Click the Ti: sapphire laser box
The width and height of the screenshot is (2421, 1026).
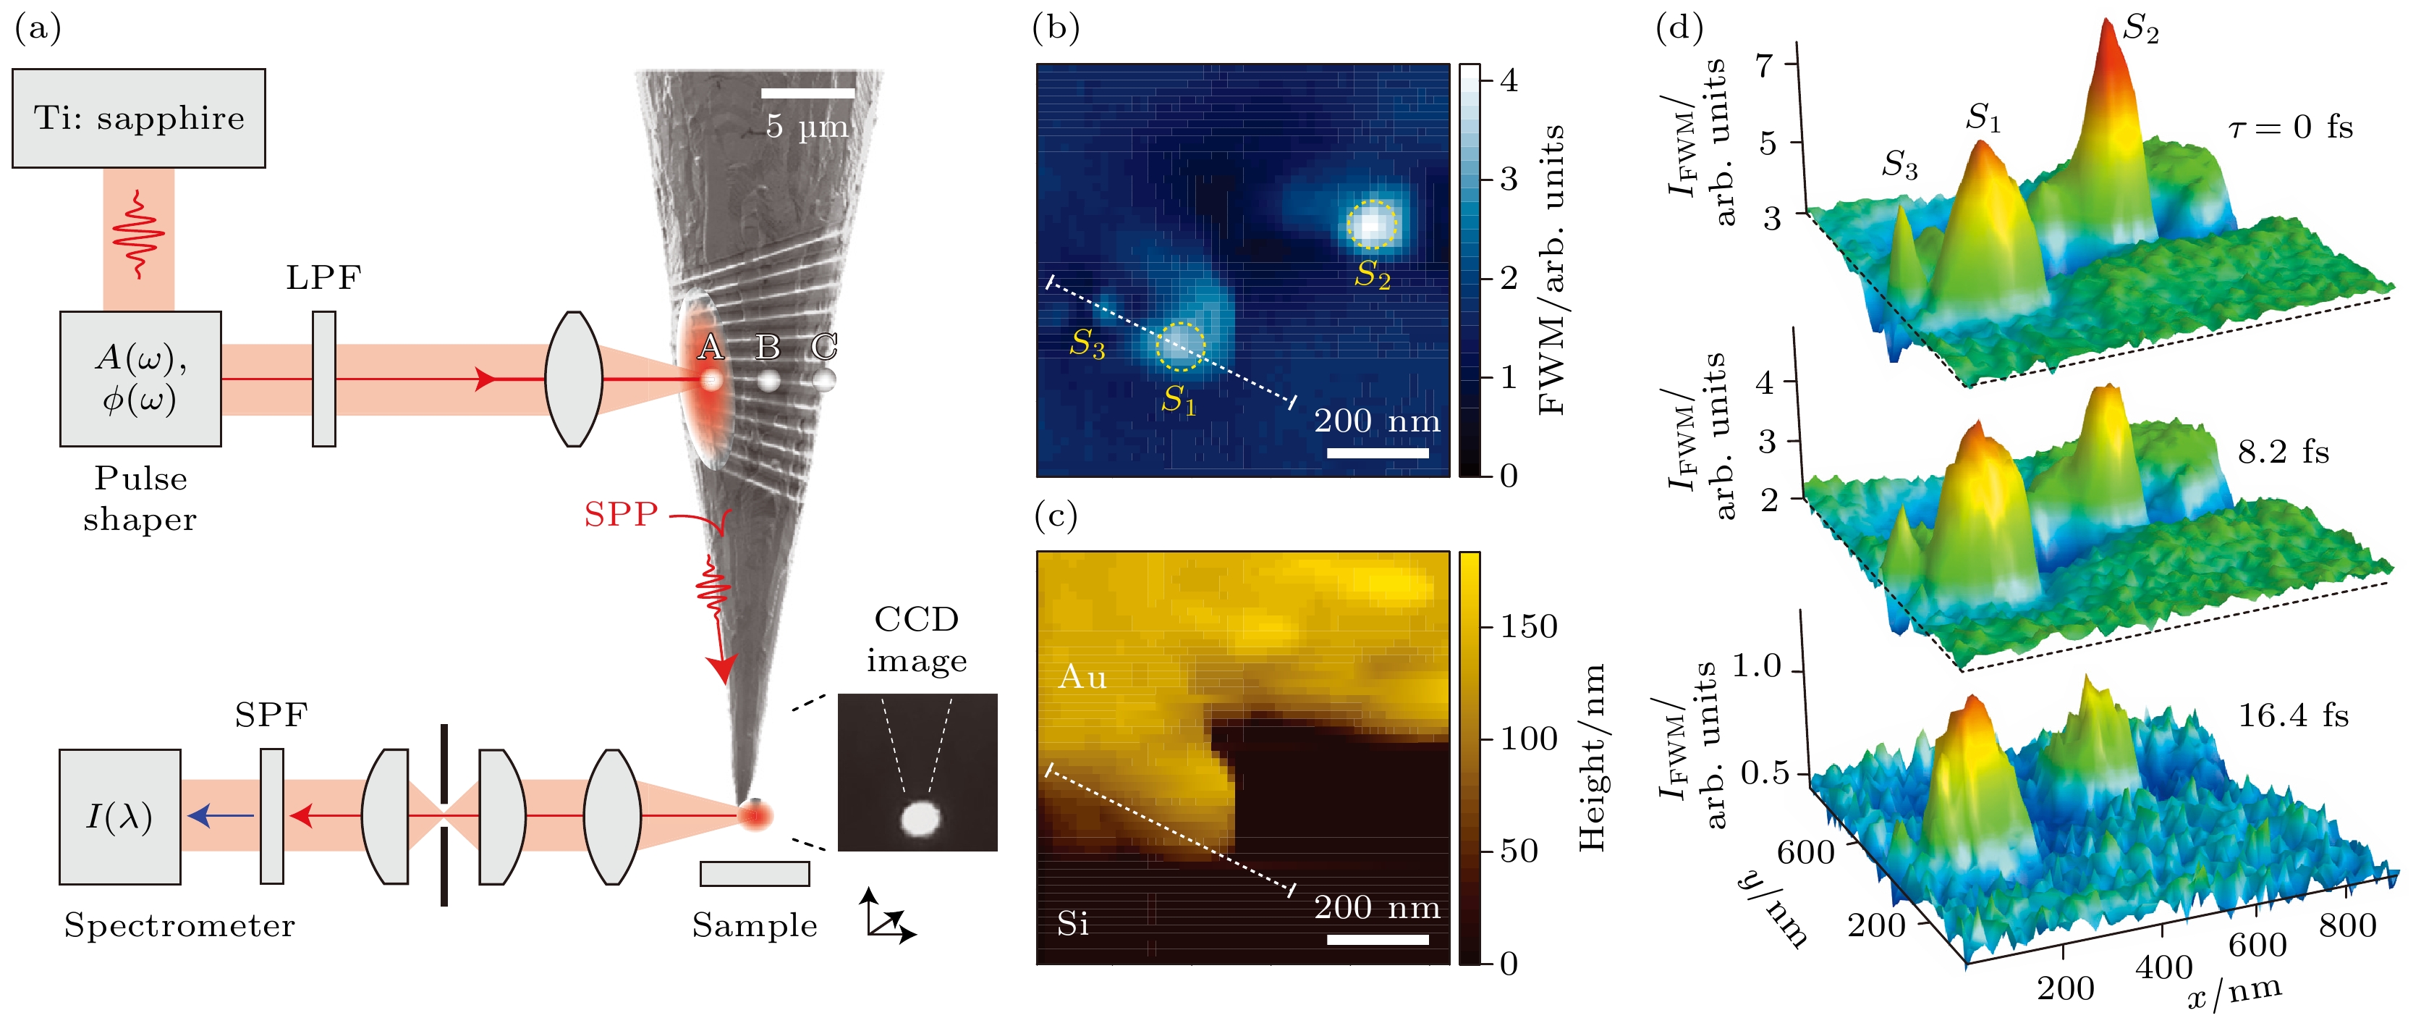click(139, 119)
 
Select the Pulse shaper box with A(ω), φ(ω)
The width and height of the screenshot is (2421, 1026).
click(141, 378)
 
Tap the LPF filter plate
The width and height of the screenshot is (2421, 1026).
click(323, 378)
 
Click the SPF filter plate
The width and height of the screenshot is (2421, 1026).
click(271, 815)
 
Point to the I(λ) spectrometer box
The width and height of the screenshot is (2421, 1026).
click(119, 816)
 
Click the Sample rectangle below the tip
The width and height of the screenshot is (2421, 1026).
click(755, 874)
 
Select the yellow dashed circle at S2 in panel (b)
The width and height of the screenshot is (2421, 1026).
click(1372, 224)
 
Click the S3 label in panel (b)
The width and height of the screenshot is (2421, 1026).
click(1087, 343)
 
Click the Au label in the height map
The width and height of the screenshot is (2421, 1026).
click(1082, 677)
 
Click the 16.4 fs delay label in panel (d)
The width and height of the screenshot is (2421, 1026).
click(2293, 715)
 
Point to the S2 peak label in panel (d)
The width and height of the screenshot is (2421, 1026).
click(2142, 30)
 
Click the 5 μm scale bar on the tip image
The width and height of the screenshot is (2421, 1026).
click(807, 93)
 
